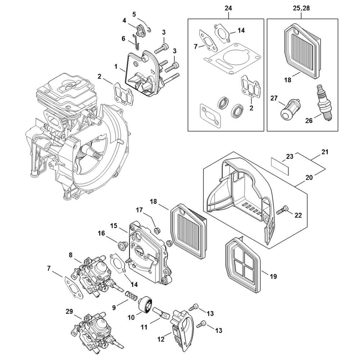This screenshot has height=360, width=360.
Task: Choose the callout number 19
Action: pos(273,276)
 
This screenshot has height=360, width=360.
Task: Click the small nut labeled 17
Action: pos(157,230)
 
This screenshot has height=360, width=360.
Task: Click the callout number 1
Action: pos(116,67)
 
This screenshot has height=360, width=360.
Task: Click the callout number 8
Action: pos(71,255)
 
